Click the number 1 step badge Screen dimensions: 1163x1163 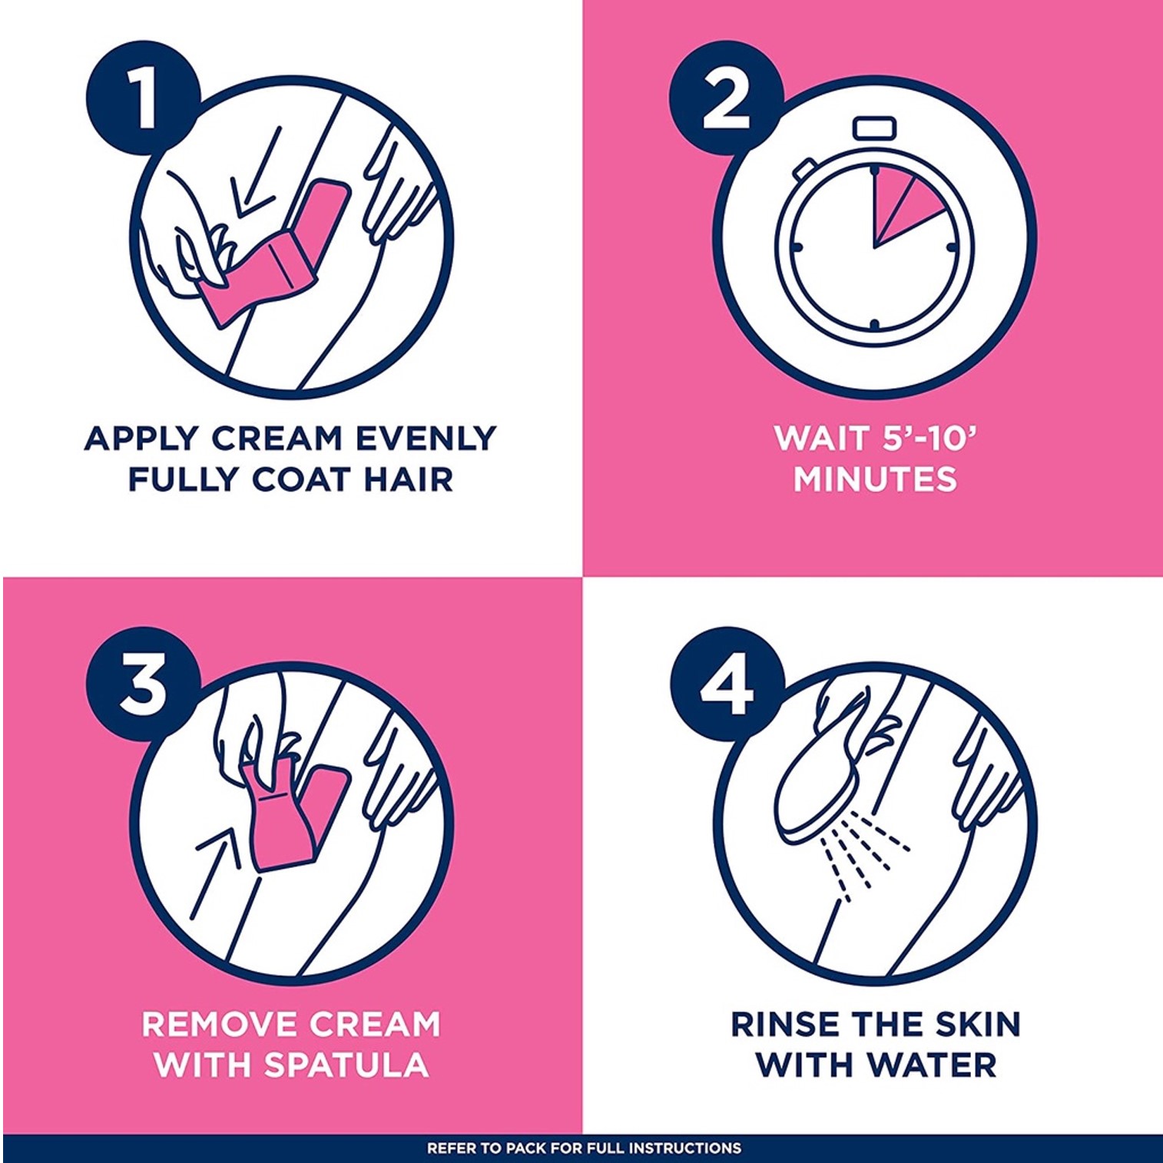click(143, 98)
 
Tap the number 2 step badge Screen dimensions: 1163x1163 click(727, 98)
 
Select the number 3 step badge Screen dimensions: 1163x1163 click(143, 684)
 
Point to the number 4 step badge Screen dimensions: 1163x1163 click(727, 684)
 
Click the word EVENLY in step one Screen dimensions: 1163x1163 click(426, 438)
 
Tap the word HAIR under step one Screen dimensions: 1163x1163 click(409, 479)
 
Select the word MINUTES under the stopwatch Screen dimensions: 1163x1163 click(875, 479)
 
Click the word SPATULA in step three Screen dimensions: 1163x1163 click(346, 1065)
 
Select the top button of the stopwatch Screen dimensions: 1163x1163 click(875, 128)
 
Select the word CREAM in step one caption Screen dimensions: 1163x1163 click(277, 438)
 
